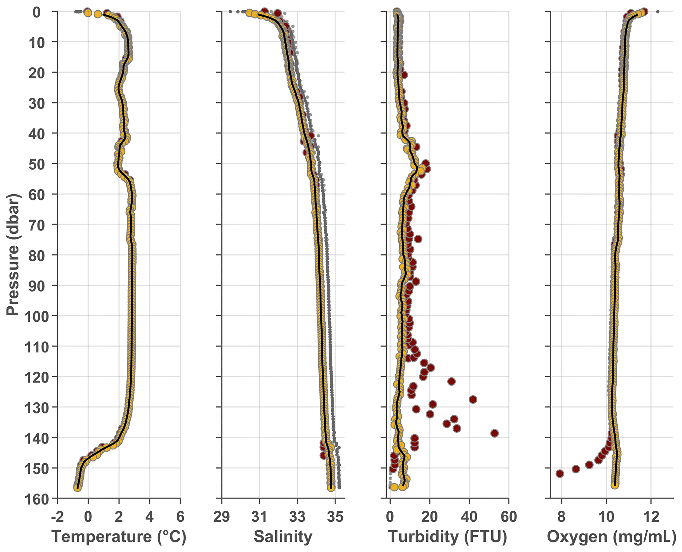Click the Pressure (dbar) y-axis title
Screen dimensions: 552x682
coord(13,254)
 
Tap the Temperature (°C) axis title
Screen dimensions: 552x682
coord(119,537)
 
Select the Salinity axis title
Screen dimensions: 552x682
coord(283,537)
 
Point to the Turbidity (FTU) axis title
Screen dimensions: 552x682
coord(447,537)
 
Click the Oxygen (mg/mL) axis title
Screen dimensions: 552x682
coord(611,537)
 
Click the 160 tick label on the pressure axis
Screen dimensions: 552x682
coord(37,499)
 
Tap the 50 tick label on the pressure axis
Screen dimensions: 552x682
coord(41,164)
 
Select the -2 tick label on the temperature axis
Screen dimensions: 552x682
coord(57,516)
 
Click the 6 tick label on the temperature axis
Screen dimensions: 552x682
coord(180,516)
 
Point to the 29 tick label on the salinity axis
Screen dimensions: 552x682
coord(222,516)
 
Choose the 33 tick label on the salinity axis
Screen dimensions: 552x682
coord(297,516)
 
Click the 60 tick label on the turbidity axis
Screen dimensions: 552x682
coord(509,516)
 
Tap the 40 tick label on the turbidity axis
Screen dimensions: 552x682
coord(469,516)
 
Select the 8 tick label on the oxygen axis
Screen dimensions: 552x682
coord(562,516)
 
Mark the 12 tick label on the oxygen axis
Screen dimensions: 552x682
coord(651,516)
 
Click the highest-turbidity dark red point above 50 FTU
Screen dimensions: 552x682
coord(494,433)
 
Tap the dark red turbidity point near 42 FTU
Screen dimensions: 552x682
coord(473,399)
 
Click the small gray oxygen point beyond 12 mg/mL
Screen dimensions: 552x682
coord(658,12)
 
